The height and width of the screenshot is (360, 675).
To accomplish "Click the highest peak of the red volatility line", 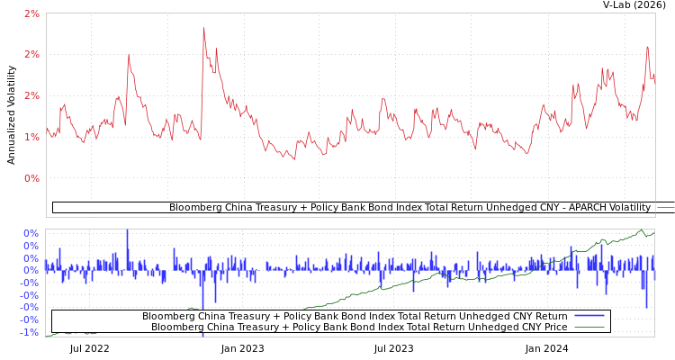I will click(203, 28).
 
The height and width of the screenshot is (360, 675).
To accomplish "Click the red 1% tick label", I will click(31, 137).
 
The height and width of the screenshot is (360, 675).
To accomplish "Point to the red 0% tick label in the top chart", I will click(31, 178).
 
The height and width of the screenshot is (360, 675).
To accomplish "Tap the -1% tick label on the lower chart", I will click(30, 333).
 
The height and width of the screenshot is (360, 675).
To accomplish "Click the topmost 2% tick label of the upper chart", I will click(31, 13).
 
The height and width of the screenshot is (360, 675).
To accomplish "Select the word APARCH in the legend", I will click(557, 208).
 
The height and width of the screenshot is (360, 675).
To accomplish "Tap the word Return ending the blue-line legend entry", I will click(548, 317).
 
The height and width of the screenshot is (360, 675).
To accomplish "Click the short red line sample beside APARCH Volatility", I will click(665, 208).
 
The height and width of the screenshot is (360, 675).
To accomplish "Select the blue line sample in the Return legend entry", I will click(589, 316).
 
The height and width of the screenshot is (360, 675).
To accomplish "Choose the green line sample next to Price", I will click(589, 328).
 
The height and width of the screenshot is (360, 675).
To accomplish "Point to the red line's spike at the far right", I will click(647, 47).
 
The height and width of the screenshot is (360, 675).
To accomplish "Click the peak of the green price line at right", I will click(641, 230).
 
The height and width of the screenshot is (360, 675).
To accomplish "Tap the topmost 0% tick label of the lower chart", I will click(30, 233).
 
